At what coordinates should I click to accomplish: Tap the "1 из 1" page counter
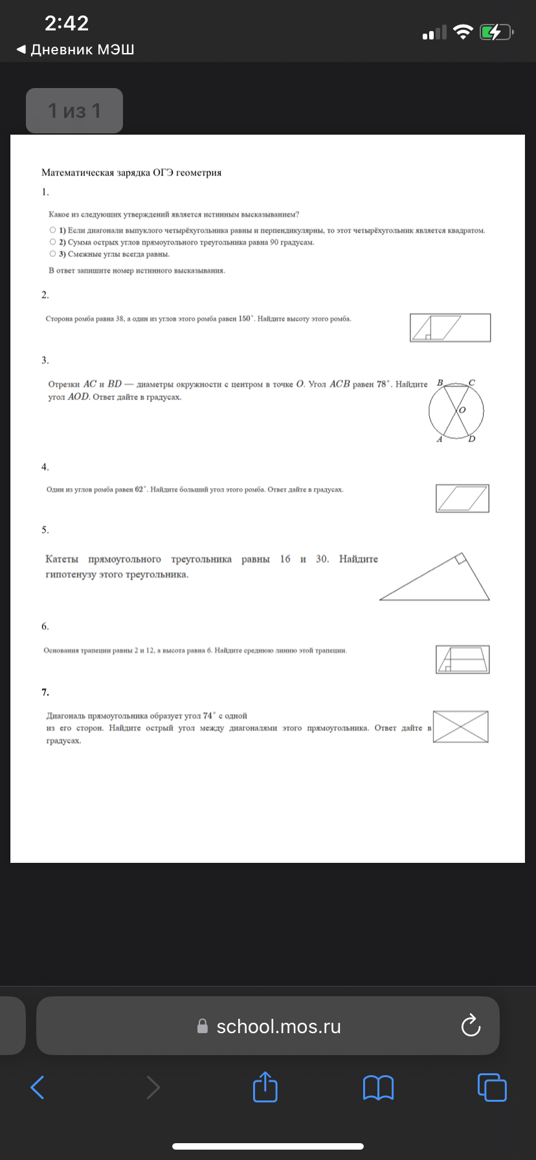(74, 111)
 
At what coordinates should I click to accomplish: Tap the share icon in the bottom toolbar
(265, 1086)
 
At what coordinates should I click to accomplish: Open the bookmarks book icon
(378, 1087)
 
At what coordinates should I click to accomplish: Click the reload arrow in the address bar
(470, 1025)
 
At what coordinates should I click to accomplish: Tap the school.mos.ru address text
(278, 1027)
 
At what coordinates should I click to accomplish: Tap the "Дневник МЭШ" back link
(76, 50)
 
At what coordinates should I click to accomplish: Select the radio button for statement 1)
(52, 230)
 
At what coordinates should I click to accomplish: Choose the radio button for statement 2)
(52, 242)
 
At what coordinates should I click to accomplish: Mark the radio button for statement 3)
(52, 254)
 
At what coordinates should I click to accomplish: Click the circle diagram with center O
(456, 410)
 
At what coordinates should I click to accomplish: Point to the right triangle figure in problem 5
(435, 577)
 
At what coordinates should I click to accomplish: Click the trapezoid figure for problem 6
(462, 660)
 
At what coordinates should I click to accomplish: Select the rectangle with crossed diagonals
(460, 726)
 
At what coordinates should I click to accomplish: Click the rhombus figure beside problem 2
(450, 328)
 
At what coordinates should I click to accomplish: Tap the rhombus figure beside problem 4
(462, 498)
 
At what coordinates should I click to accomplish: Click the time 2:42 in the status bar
(67, 23)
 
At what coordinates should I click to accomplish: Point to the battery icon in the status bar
(495, 32)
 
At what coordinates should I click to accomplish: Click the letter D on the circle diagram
(472, 439)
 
